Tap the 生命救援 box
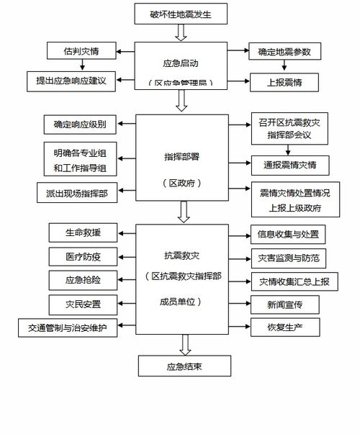pos(82,232)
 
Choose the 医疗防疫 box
pos(82,256)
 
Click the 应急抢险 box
pos(82,279)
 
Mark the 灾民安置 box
pos(82,304)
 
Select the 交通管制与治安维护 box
pos(68,328)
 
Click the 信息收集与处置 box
pos(287,234)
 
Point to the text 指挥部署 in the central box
pos(180,154)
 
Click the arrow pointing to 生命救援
pos(126,232)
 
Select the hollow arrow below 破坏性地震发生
pos(180,32)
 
